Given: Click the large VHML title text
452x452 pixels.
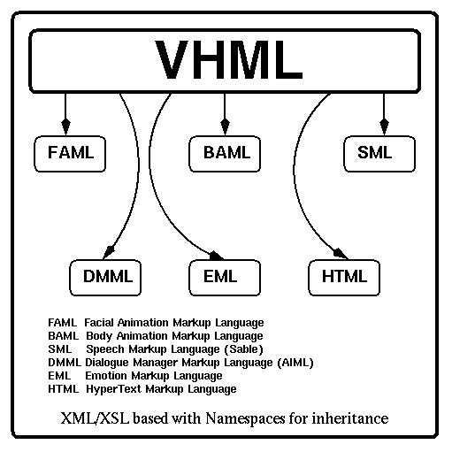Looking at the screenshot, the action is click(x=229, y=60).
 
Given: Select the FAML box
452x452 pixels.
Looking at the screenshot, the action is click(x=70, y=154).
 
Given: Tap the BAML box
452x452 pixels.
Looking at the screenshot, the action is click(x=225, y=154).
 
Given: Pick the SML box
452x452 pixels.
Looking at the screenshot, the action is click(x=379, y=154).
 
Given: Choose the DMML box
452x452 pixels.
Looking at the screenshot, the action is click(x=105, y=278).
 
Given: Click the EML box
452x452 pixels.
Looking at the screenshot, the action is click(x=225, y=278).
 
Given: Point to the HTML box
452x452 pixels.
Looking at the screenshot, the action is click(x=344, y=278).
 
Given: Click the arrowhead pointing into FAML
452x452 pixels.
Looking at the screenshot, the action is click(x=65, y=127).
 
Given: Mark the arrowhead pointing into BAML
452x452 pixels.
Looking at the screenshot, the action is click(x=225, y=127).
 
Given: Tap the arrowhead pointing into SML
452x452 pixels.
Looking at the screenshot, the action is click(x=384, y=127).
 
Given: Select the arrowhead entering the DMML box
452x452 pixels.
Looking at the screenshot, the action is click(x=109, y=252).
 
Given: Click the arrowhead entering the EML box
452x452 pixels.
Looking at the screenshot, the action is click(x=216, y=256).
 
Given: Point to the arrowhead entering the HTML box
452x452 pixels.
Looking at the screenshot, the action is click(x=341, y=254).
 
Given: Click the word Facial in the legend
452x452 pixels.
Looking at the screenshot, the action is click(x=99, y=323).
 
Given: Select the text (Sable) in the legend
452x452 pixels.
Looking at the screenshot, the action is click(x=243, y=349).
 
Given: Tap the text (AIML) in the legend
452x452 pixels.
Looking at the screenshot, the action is click(x=295, y=363).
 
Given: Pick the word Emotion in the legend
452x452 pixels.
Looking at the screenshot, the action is click(x=106, y=376).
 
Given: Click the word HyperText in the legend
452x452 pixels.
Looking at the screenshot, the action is click(x=114, y=389).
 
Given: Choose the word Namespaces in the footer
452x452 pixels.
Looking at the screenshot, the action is click(x=245, y=418).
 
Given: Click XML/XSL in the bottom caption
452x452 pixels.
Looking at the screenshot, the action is click(x=95, y=418).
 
